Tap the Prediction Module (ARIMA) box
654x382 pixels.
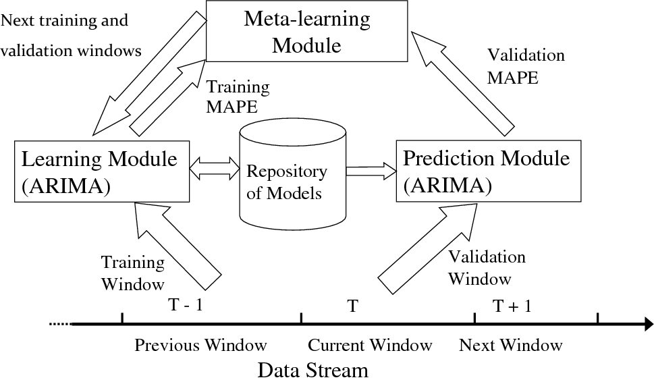[x=487, y=171]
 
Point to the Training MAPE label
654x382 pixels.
[x=237, y=97]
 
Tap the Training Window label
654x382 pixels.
[x=132, y=273]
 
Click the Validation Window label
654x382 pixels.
[x=487, y=267]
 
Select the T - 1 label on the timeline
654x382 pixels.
[x=185, y=305]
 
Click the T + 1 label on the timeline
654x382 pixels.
[x=512, y=306]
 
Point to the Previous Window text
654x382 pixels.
[x=200, y=346]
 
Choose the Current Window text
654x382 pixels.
[x=370, y=346]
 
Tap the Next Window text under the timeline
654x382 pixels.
[x=510, y=346]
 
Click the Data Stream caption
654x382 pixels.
[x=313, y=370]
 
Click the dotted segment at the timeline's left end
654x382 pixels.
[x=60, y=325]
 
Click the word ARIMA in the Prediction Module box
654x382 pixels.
[x=447, y=184]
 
